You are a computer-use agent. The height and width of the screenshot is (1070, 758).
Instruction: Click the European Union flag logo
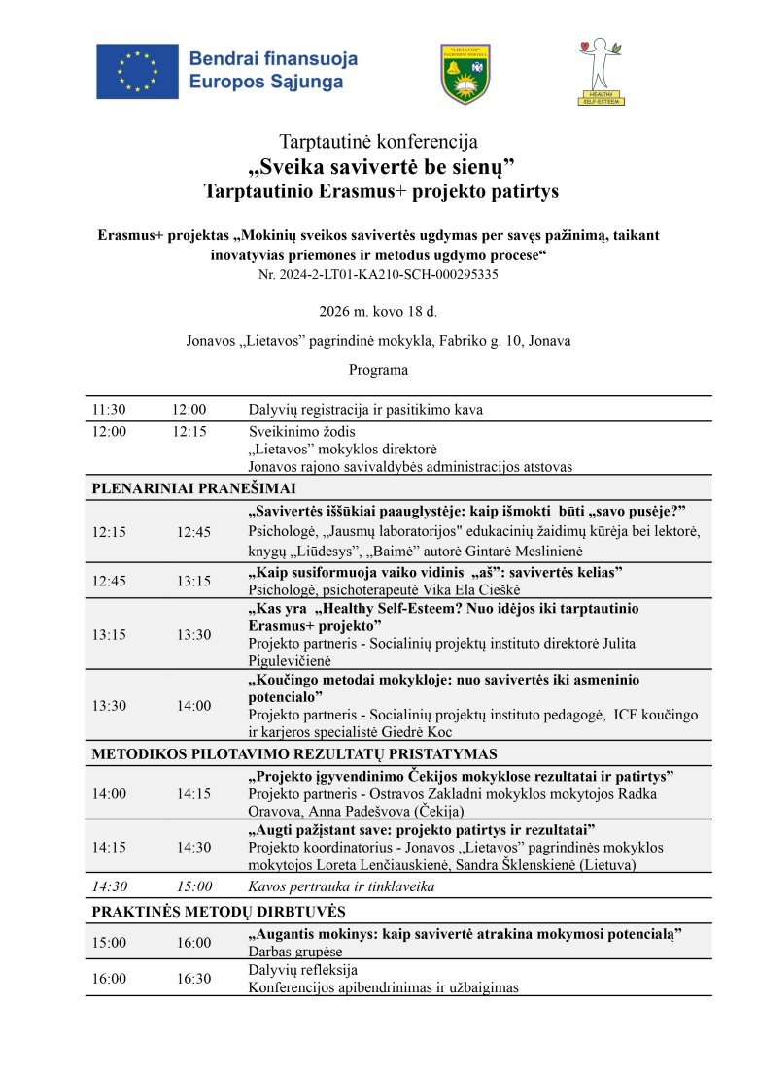tap(137, 70)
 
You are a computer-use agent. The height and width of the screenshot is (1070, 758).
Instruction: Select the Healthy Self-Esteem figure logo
tap(602, 71)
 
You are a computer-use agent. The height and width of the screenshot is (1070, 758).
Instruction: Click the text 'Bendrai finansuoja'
tap(273, 59)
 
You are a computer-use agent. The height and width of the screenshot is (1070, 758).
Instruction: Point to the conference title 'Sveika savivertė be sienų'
tap(379, 166)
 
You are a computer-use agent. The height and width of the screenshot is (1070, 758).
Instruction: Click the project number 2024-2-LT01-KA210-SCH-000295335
tap(378, 275)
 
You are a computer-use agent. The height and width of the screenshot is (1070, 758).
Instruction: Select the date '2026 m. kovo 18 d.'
tap(378, 312)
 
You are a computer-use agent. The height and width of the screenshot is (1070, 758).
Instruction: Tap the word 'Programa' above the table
tap(378, 370)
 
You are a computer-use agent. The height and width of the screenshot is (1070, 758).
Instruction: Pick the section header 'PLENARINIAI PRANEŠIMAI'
tap(194, 488)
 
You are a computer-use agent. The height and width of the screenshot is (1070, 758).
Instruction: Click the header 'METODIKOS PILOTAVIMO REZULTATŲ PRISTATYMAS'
tap(294, 753)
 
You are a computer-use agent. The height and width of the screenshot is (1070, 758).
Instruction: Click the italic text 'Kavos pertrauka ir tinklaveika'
tap(341, 886)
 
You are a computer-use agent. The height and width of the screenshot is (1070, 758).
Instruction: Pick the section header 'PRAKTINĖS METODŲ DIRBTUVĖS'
tap(219, 912)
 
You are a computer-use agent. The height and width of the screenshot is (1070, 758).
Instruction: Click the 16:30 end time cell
tap(193, 979)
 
